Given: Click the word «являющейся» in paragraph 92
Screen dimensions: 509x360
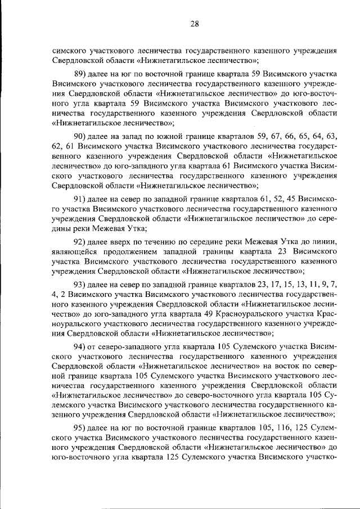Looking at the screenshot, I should tap(73, 250).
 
